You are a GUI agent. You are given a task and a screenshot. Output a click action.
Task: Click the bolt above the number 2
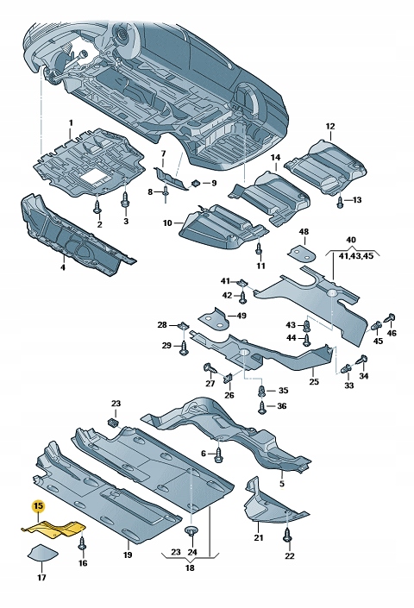click(98, 208)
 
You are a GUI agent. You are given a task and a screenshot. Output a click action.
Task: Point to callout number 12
click(329, 127)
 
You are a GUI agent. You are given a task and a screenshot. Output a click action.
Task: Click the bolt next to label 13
click(340, 201)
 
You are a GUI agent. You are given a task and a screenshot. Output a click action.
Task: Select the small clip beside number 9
click(197, 182)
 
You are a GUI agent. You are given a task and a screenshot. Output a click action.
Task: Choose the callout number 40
click(350, 240)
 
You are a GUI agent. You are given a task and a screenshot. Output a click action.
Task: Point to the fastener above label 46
click(389, 318)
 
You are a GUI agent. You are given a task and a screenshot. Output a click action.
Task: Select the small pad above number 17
click(41, 554)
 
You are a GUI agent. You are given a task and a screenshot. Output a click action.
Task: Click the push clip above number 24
click(192, 530)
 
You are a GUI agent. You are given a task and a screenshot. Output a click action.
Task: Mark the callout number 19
click(127, 555)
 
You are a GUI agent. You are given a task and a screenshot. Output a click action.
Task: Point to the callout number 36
click(282, 405)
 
